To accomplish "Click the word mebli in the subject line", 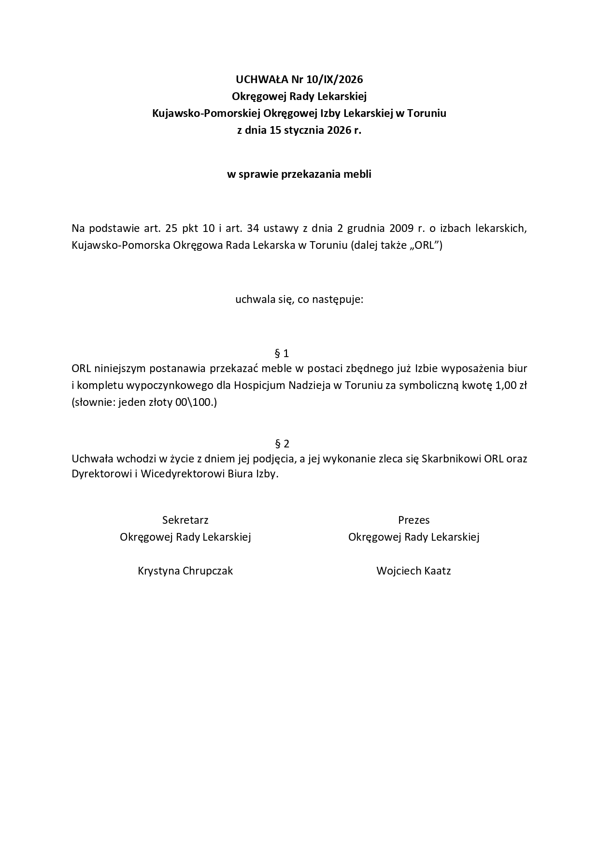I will pos(357,174).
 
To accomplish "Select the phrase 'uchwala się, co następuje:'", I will pos(299,300).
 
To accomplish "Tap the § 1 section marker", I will pos(282,353).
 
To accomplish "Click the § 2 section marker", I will pos(282,444).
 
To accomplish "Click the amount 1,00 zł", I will pos(508,386).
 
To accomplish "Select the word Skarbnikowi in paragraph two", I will pos(451,459).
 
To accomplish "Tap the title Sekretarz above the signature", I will pos(185,520).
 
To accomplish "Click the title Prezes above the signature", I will pos(414,520).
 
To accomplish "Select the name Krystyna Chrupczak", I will pos(185,571).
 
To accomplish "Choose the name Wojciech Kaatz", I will pos(414,571).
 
